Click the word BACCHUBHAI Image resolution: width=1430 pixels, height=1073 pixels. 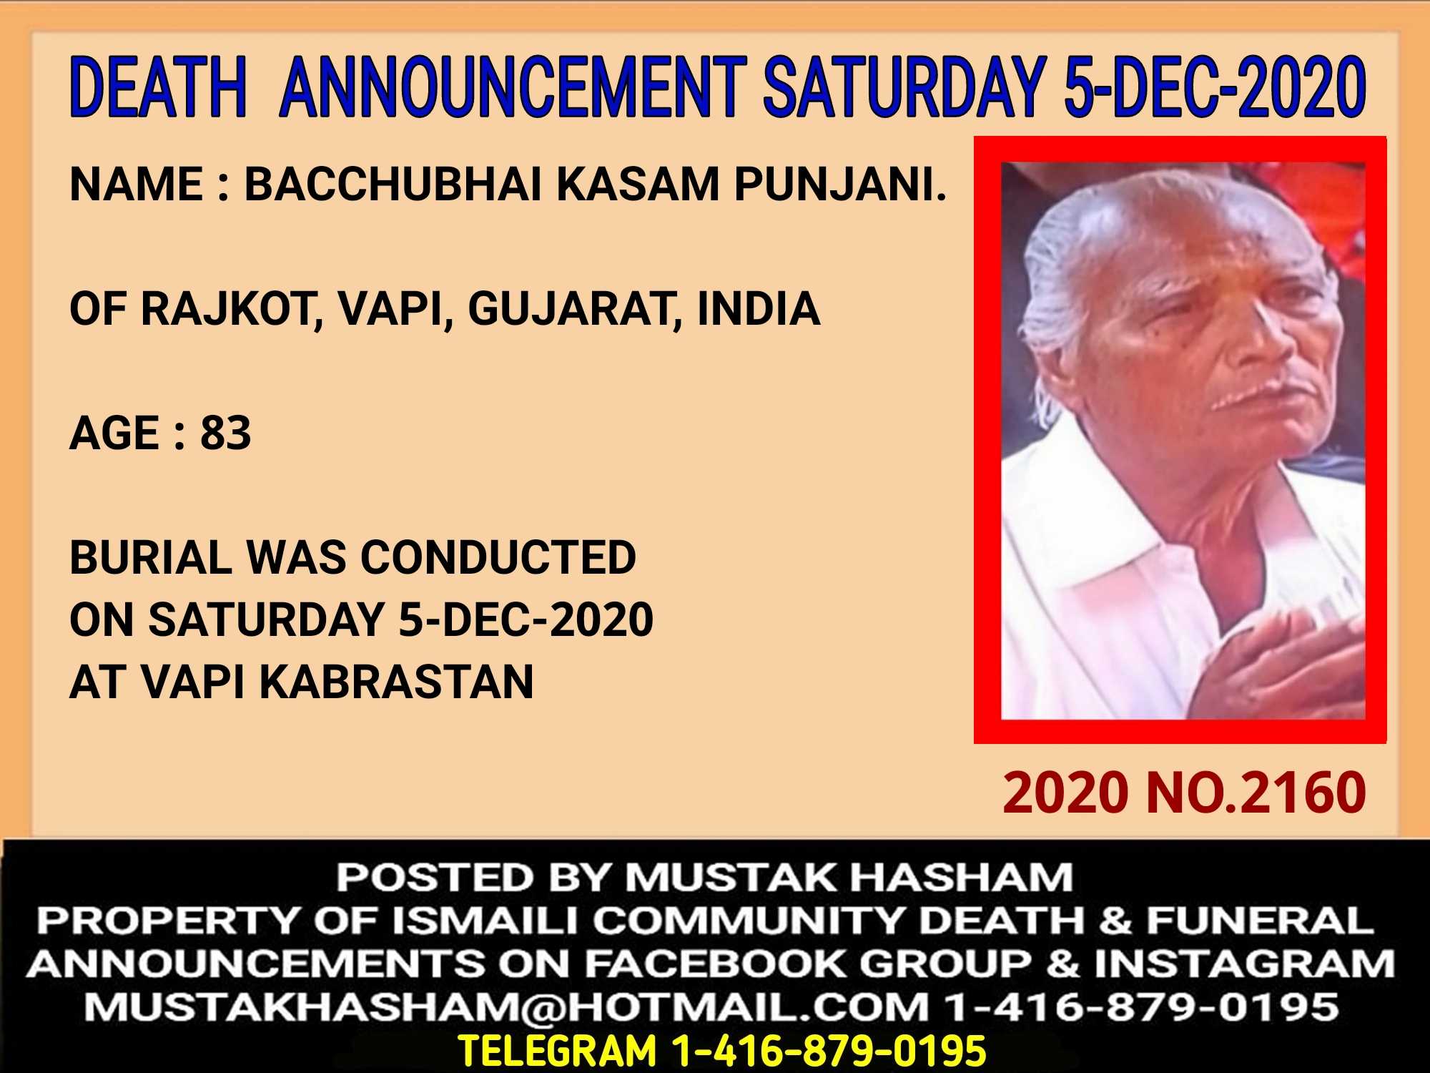(x=393, y=184)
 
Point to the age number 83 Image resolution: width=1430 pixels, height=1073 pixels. (x=226, y=433)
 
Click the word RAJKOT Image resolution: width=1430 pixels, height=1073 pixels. (x=230, y=309)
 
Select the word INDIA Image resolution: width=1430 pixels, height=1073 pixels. (x=759, y=309)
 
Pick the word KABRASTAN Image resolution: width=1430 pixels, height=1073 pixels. (x=396, y=682)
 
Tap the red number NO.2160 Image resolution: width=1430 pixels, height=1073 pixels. (x=1256, y=793)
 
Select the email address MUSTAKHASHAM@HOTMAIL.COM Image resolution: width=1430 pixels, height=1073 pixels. (x=507, y=1007)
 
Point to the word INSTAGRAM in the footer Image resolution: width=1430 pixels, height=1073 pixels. (x=1244, y=964)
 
